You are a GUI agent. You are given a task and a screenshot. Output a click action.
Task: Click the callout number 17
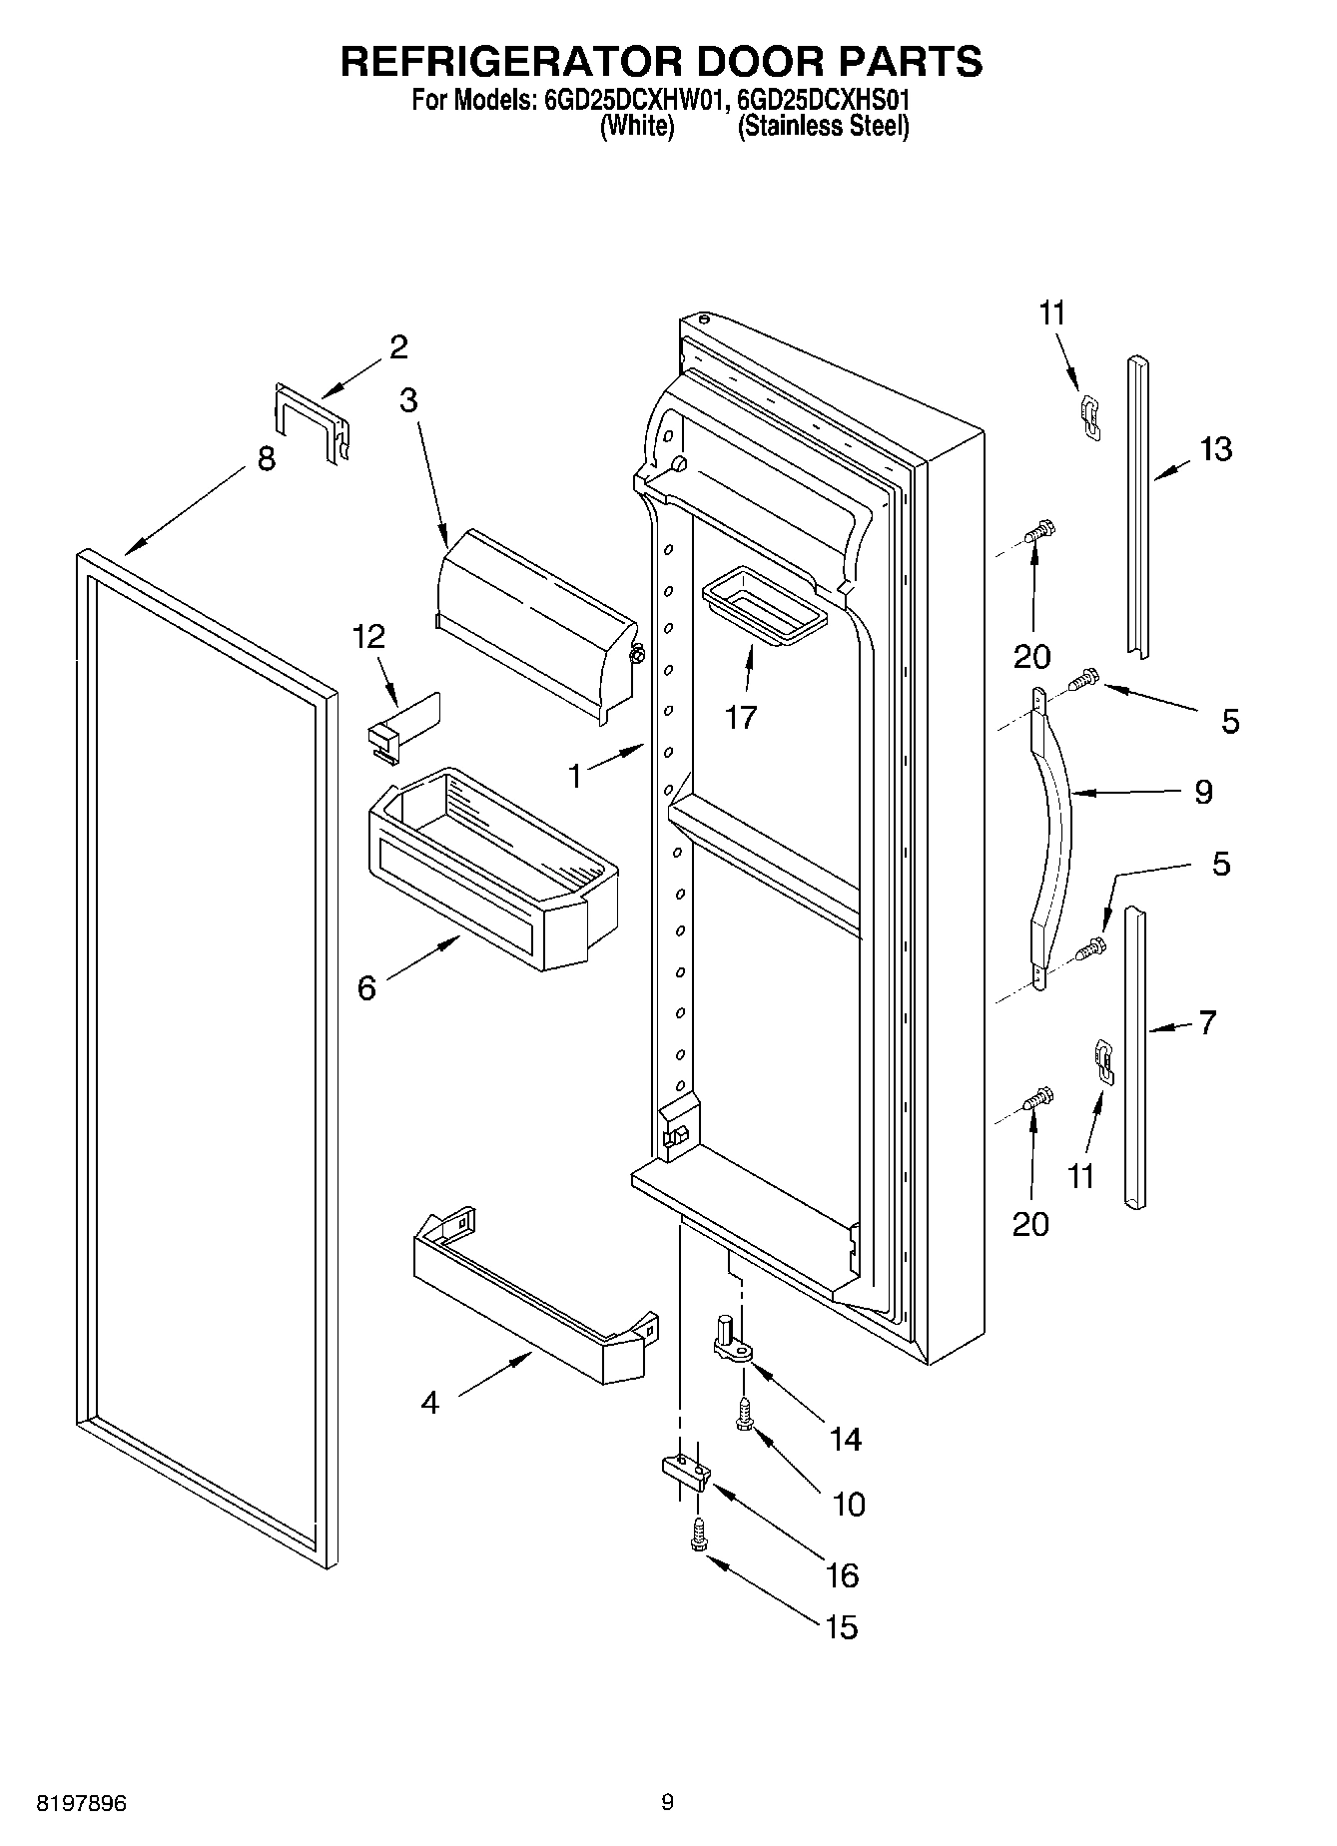tap(741, 717)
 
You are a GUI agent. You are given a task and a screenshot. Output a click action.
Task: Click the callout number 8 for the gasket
tap(267, 459)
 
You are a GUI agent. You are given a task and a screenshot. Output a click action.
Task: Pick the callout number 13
tap(1215, 449)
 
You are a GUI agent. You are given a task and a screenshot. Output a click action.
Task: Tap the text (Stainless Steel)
tap(823, 127)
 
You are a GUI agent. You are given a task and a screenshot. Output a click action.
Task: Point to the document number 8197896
tap(81, 1803)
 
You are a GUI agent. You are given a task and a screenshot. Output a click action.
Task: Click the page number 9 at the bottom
tap(667, 1802)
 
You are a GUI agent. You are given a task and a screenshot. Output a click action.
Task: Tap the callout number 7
tap(1207, 1022)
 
